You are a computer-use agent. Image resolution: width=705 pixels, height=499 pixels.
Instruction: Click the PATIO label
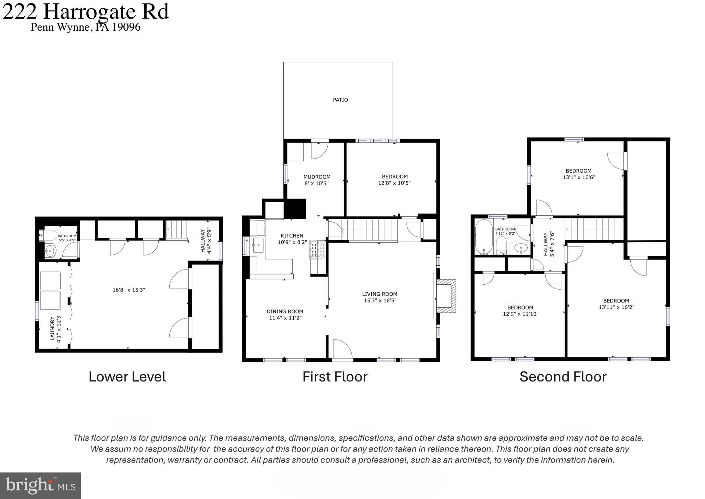340,100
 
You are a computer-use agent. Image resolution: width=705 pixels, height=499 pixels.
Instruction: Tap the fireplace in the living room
446,296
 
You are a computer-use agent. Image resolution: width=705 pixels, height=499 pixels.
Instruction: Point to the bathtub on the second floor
483,237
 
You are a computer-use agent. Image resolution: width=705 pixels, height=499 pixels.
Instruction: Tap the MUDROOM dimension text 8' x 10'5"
316,183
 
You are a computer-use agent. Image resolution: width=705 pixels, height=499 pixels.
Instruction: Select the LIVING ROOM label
379,294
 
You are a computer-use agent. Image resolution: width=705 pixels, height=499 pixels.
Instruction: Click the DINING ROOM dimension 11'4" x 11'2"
285,318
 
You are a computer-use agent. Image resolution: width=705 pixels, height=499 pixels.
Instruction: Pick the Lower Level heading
127,377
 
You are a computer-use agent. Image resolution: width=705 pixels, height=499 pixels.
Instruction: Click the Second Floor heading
562,377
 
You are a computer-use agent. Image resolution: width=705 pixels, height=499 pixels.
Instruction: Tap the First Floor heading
335,377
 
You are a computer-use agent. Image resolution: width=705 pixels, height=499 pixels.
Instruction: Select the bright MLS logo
40,486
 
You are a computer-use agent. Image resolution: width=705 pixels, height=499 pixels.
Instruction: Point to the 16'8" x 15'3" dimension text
129,290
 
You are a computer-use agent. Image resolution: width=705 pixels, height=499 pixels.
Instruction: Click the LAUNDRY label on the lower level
52,329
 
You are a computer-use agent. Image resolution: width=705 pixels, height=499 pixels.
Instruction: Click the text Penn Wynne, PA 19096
85,27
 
